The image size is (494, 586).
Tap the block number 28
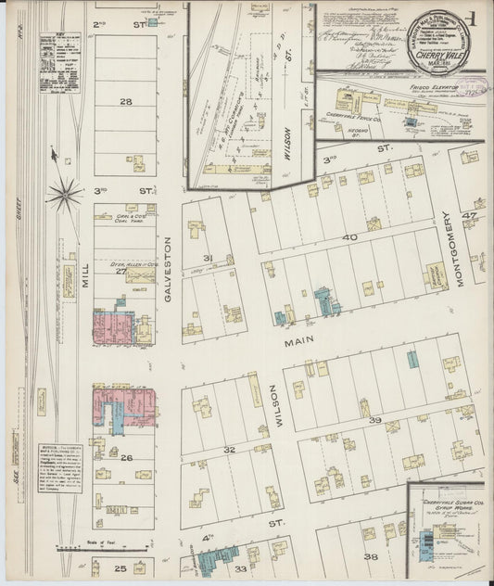pos(126,101)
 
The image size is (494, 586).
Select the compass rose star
pos(65,193)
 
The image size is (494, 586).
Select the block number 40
pos(350,238)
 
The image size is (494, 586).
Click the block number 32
pos(229,449)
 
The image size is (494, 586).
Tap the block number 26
pos(126,457)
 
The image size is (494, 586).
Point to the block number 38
pos(371,556)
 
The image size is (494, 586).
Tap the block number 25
pos(120,567)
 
